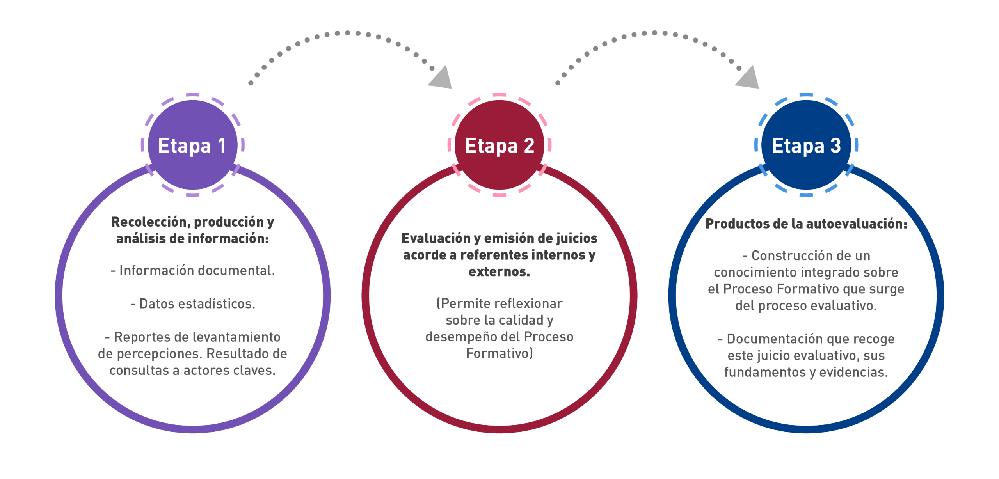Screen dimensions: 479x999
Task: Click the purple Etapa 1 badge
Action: point(192,145)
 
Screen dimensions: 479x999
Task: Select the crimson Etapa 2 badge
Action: point(499,145)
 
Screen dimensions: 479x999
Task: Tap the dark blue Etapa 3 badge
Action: point(806,145)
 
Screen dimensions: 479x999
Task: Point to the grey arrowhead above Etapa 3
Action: point(748,78)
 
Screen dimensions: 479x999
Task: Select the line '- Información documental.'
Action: point(193,270)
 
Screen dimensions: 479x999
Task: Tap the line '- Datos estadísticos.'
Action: point(193,303)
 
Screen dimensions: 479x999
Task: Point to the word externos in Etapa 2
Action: point(499,272)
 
